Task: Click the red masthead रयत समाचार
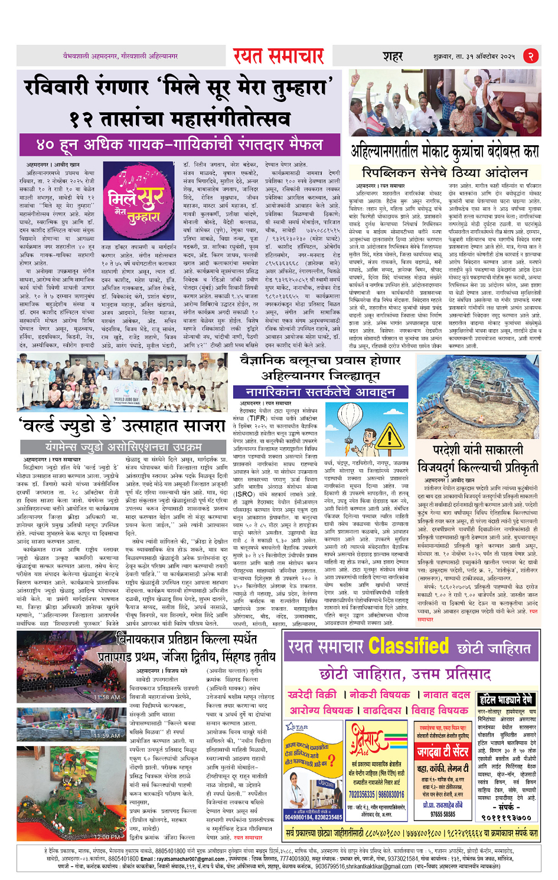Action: click(x=278, y=56)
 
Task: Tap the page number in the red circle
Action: click(x=530, y=56)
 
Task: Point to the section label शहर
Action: click(x=392, y=57)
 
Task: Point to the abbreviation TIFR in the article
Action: click(x=257, y=418)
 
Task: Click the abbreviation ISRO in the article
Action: click(x=244, y=494)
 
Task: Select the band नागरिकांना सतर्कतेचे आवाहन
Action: click(x=328, y=392)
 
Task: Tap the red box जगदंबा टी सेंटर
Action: click(x=443, y=752)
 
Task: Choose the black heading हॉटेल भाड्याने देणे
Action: click(x=506, y=701)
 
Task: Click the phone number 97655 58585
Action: click(x=442, y=814)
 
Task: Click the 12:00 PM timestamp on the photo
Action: click(x=107, y=837)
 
